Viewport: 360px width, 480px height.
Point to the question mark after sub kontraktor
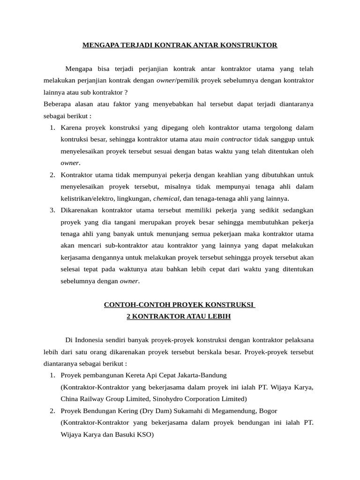pyautogui.click(x=126, y=92)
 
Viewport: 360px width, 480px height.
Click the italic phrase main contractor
pyautogui.click(x=228, y=139)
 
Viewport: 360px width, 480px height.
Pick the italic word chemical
pyautogui.click(x=166, y=198)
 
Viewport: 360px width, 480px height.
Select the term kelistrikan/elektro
pyautogui.click(x=89, y=198)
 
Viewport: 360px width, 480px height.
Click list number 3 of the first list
pyautogui.click(x=52, y=210)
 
